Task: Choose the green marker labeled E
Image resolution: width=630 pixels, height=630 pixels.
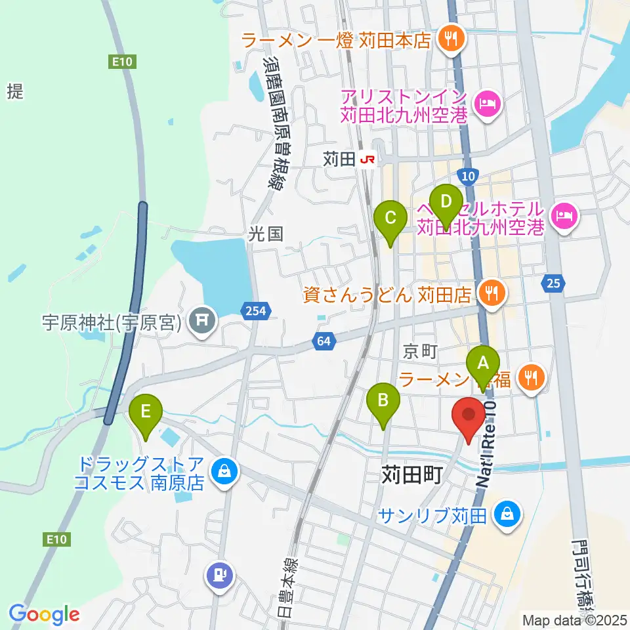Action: coord(146,413)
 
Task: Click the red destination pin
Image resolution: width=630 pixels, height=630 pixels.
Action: coord(469,417)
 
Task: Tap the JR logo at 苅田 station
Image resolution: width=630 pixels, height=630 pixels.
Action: coord(369,159)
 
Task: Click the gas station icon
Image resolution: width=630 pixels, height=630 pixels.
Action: coord(219,576)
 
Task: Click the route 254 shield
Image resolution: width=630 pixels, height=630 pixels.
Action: coord(256,312)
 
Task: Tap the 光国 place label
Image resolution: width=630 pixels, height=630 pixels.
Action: coord(266,234)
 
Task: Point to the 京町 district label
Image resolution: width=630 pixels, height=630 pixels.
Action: coord(420,352)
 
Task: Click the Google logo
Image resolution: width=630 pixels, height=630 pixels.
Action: coord(45,614)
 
